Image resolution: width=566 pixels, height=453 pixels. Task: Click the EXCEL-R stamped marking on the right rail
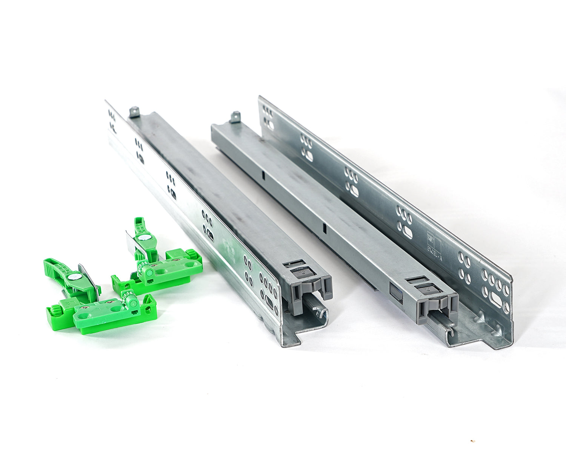pyautogui.click(x=431, y=243)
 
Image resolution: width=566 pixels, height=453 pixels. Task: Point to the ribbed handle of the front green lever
pyautogui.click(x=57, y=266)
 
